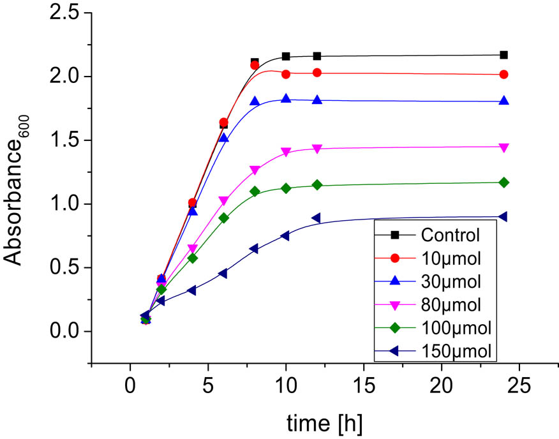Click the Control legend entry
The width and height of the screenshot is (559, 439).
[450, 235]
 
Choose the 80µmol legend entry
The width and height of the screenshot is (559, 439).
[451, 304]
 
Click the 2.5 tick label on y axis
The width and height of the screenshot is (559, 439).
[64, 13]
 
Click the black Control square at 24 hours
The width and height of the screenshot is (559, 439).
[503, 55]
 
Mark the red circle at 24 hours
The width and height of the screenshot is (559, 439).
[503, 75]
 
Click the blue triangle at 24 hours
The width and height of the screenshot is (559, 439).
[503, 100]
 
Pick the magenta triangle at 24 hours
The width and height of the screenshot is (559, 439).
[503, 147]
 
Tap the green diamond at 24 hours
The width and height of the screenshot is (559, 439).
[503, 182]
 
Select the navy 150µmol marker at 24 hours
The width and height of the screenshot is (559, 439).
[503, 217]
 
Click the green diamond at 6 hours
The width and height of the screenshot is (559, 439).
[223, 218]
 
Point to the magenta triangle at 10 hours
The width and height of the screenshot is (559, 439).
[286, 152]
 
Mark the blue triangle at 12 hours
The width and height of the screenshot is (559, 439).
[317, 100]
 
